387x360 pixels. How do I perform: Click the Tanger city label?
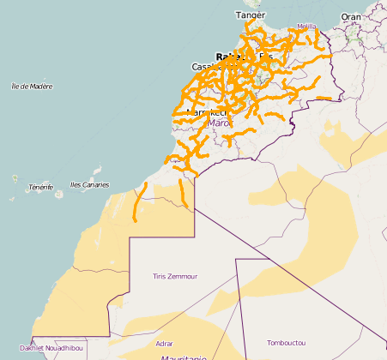tap(251, 15)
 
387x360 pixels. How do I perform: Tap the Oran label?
tap(351, 16)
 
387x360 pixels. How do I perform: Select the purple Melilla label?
tap(306, 27)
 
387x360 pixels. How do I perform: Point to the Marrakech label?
tap(206, 112)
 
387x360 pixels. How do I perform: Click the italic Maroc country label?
tap(221, 123)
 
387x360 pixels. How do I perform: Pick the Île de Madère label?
tap(32, 86)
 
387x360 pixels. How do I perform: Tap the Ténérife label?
tap(40, 187)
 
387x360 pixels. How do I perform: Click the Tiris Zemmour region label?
tap(174, 276)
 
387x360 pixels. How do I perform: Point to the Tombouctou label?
tap(286, 343)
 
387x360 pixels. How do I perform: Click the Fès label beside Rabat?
tap(265, 57)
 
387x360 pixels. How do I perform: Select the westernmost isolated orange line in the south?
tap(140, 201)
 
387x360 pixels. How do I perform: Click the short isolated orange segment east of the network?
tap(324, 99)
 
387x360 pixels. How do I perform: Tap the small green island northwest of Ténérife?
tap(15, 177)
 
